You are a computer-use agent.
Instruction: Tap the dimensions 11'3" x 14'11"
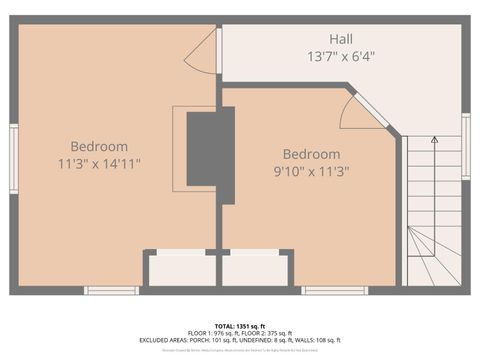[99, 163]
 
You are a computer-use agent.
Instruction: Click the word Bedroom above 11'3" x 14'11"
[99, 146]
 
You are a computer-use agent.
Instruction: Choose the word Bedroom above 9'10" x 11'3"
[311, 154]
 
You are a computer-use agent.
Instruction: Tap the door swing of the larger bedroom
[203, 50]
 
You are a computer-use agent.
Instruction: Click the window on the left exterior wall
[14, 158]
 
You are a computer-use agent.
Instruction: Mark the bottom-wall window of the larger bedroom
[111, 290]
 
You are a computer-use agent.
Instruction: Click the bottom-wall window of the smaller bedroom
[334, 290]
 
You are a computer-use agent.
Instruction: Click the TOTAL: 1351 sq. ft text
[240, 325]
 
